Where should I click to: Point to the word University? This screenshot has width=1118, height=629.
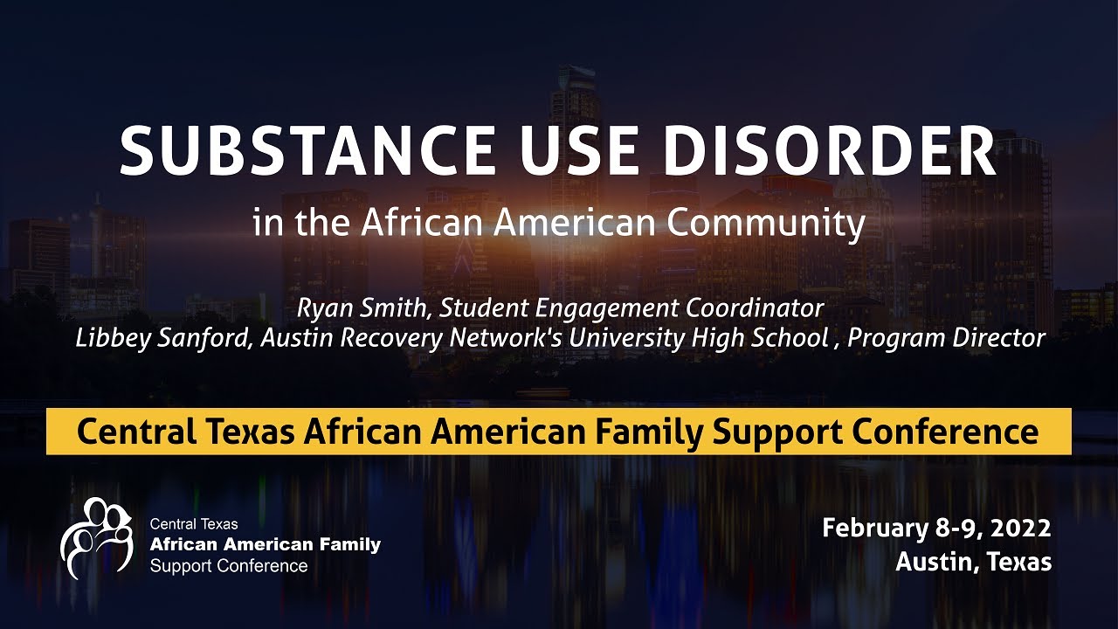coord(619,338)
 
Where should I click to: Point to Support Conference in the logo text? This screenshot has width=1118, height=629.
coord(229,566)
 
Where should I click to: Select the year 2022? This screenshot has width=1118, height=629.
coord(1021,529)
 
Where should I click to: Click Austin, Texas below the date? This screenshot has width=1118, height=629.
coord(973,561)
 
